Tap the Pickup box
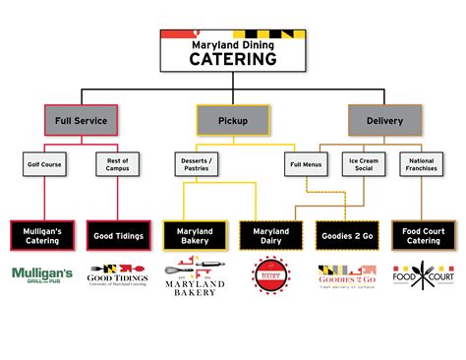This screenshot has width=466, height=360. [232, 121]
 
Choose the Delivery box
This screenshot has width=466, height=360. [384, 121]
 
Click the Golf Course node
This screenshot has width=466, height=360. [44, 164]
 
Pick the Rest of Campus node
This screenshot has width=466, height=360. [119, 164]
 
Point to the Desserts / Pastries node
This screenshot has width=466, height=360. [196, 164]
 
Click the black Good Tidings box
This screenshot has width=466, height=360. [119, 234]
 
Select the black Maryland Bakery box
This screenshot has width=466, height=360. [196, 234]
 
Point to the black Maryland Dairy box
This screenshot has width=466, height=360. [270, 234]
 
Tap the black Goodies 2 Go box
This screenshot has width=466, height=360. [347, 234]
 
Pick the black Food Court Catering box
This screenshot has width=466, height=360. [424, 234]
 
